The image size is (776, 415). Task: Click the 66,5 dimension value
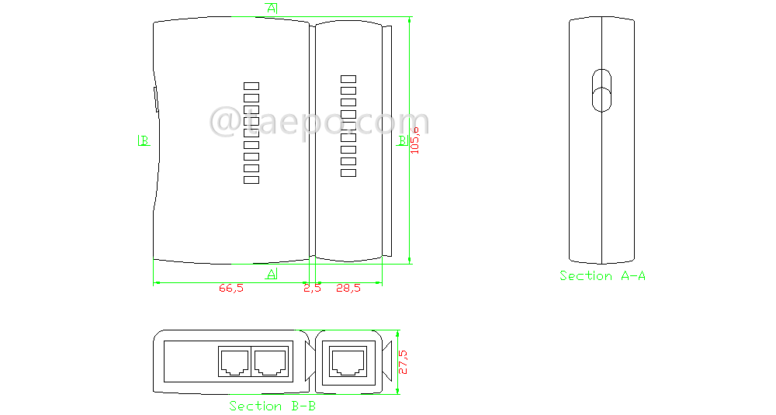click(231, 289)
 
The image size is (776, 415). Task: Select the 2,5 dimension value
click(312, 289)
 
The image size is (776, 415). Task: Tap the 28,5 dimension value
click(348, 289)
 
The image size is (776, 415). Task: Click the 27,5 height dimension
click(403, 361)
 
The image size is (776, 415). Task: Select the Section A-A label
click(602, 275)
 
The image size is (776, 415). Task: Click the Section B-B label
click(272, 406)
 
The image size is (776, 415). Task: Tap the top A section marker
click(272, 8)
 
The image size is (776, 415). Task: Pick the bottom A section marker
click(272, 274)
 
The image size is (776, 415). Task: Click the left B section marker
click(143, 140)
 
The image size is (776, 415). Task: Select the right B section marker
click(401, 140)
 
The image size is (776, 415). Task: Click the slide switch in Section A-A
click(601, 90)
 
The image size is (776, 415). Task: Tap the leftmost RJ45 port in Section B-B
click(234, 361)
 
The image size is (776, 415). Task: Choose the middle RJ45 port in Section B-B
click(270, 361)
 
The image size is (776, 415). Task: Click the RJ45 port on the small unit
click(348, 361)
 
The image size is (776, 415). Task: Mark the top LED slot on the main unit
click(251, 86)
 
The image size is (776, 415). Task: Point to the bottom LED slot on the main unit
click(251, 180)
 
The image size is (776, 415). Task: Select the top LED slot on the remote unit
click(348, 78)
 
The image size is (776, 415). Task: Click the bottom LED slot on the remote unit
click(348, 173)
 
